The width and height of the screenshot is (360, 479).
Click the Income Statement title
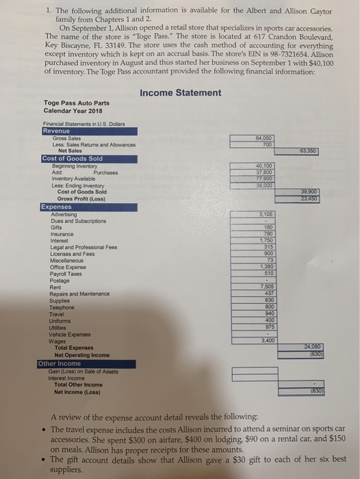click(x=180, y=92)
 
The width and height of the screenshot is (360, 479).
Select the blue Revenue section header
click(x=55, y=130)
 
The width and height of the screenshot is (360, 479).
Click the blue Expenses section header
click(x=57, y=207)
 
